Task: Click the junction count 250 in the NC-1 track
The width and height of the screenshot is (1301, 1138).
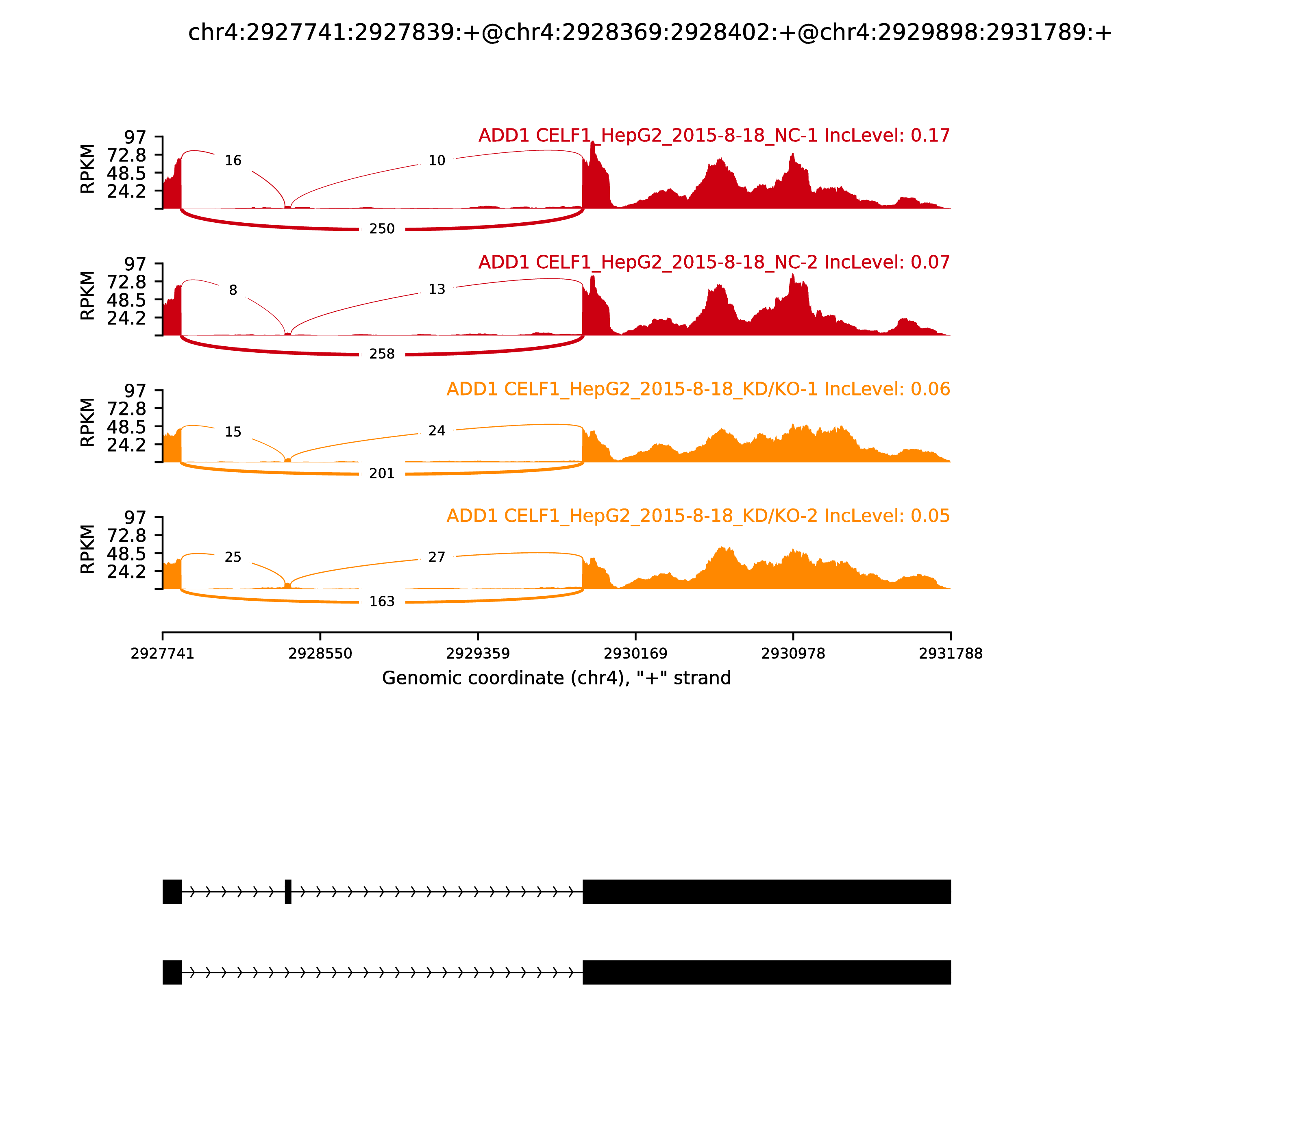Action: tap(382, 228)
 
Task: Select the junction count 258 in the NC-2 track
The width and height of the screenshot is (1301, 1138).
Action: tap(382, 354)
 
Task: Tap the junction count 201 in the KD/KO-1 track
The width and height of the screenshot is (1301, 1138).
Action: tap(382, 473)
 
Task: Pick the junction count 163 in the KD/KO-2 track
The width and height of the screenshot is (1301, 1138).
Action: tap(382, 602)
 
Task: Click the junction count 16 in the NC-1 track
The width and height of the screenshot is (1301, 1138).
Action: tap(233, 161)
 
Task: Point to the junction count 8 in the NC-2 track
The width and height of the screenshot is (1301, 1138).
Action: tap(233, 290)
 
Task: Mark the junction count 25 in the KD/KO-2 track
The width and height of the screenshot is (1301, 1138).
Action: tap(233, 557)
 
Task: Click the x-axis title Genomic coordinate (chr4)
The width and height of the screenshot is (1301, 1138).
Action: tap(557, 678)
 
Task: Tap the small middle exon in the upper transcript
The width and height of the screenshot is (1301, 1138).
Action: tap(288, 892)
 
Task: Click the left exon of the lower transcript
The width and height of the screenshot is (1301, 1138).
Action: tap(172, 972)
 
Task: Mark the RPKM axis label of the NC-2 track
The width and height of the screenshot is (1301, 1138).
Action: tap(88, 295)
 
